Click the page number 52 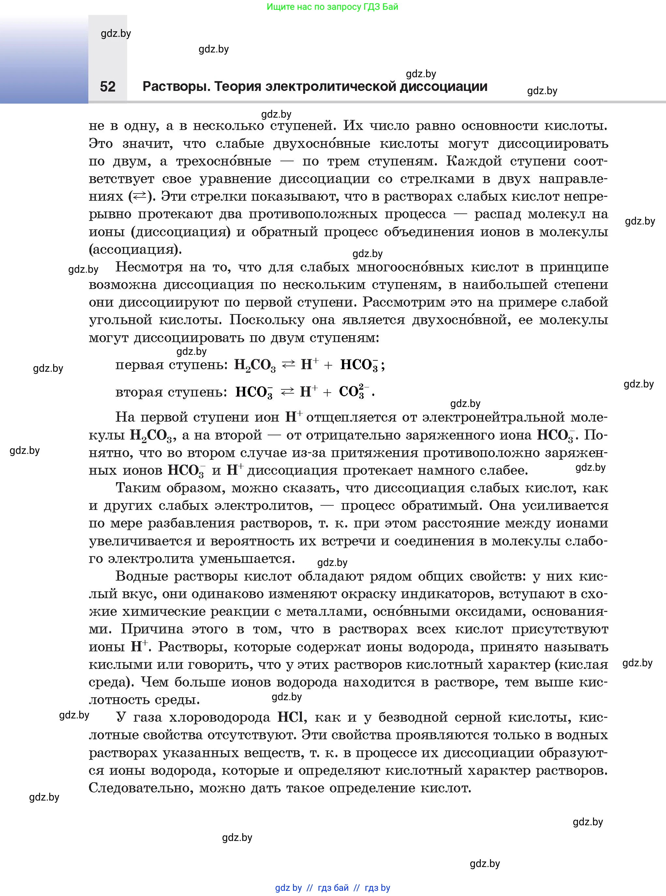coord(108,87)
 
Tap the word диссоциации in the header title coord(443,87)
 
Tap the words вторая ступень coord(171,392)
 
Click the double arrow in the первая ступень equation coord(288,365)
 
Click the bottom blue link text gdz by coord(288,888)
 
